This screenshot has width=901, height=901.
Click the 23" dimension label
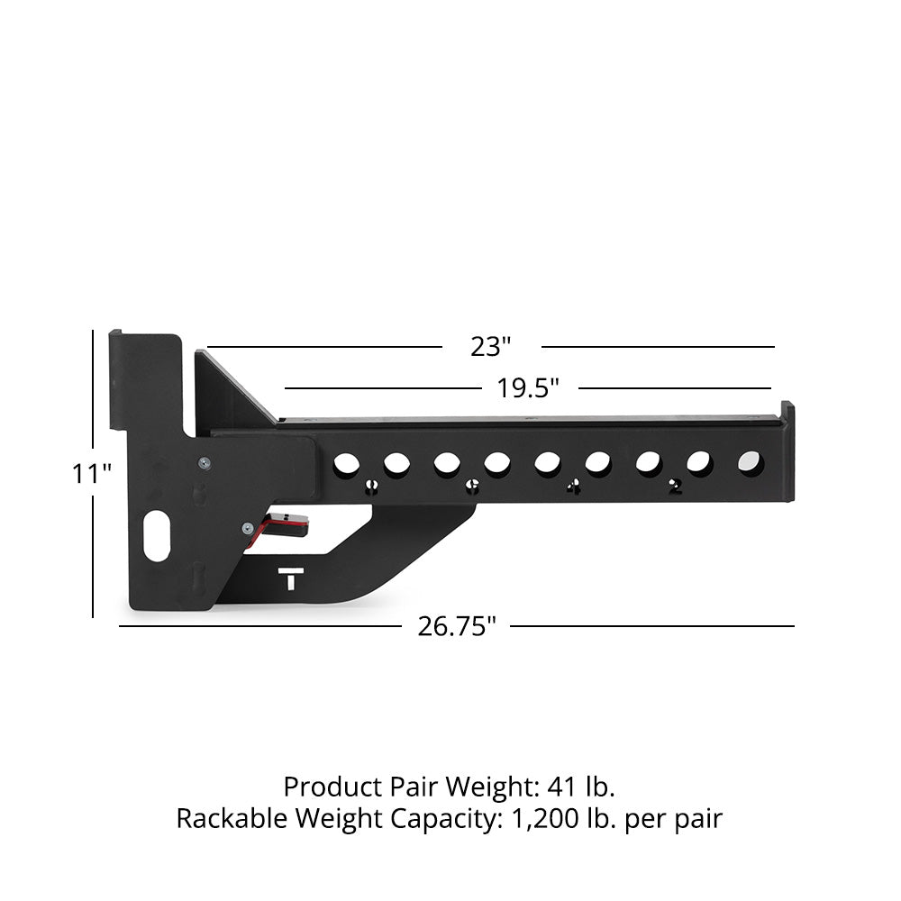[491, 346]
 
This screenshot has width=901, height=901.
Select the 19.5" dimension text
[528, 388]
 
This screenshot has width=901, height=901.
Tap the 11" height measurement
[92, 473]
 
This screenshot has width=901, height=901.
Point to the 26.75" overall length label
[457, 626]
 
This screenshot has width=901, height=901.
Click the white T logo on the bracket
[289, 578]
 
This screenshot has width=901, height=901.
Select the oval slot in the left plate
[158, 535]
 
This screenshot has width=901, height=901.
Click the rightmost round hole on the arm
[749, 463]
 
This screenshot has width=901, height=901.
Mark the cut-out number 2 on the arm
[675, 487]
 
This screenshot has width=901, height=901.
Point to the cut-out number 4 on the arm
[572, 487]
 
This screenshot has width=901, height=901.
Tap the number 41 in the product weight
[565, 787]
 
